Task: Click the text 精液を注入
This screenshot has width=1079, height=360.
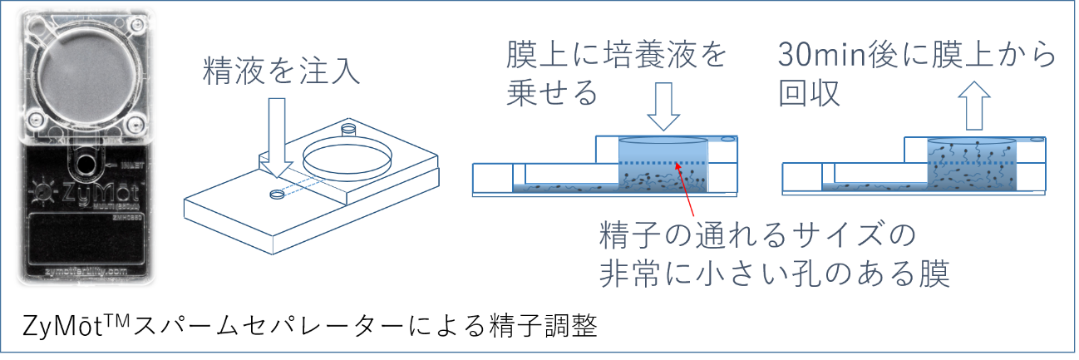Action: [x=281, y=74]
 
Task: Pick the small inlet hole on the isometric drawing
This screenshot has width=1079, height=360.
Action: [x=276, y=196]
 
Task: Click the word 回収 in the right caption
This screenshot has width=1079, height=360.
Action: [x=809, y=93]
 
